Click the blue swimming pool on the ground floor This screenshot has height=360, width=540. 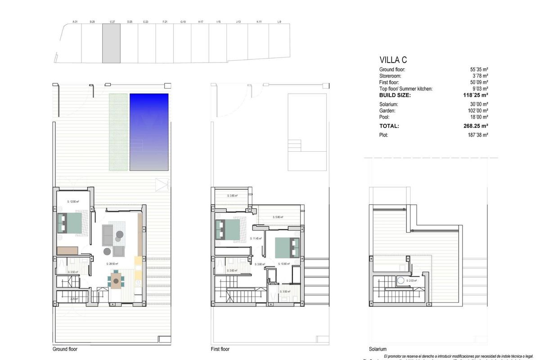(149, 132)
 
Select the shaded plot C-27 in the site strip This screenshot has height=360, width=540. (111, 43)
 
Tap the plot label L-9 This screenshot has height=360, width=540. (279, 22)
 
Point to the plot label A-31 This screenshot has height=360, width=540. (75, 22)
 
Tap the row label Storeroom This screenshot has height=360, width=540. (392, 76)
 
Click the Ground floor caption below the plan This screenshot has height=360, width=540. (65, 349)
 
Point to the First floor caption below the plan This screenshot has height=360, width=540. (220, 349)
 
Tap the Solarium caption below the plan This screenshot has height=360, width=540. (377, 349)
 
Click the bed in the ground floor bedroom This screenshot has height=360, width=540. (69, 224)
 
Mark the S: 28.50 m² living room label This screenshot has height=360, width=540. (112, 264)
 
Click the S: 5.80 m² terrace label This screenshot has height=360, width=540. (278, 217)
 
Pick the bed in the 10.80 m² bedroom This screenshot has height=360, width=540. (287, 247)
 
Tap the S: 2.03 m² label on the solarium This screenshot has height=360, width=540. (411, 280)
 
